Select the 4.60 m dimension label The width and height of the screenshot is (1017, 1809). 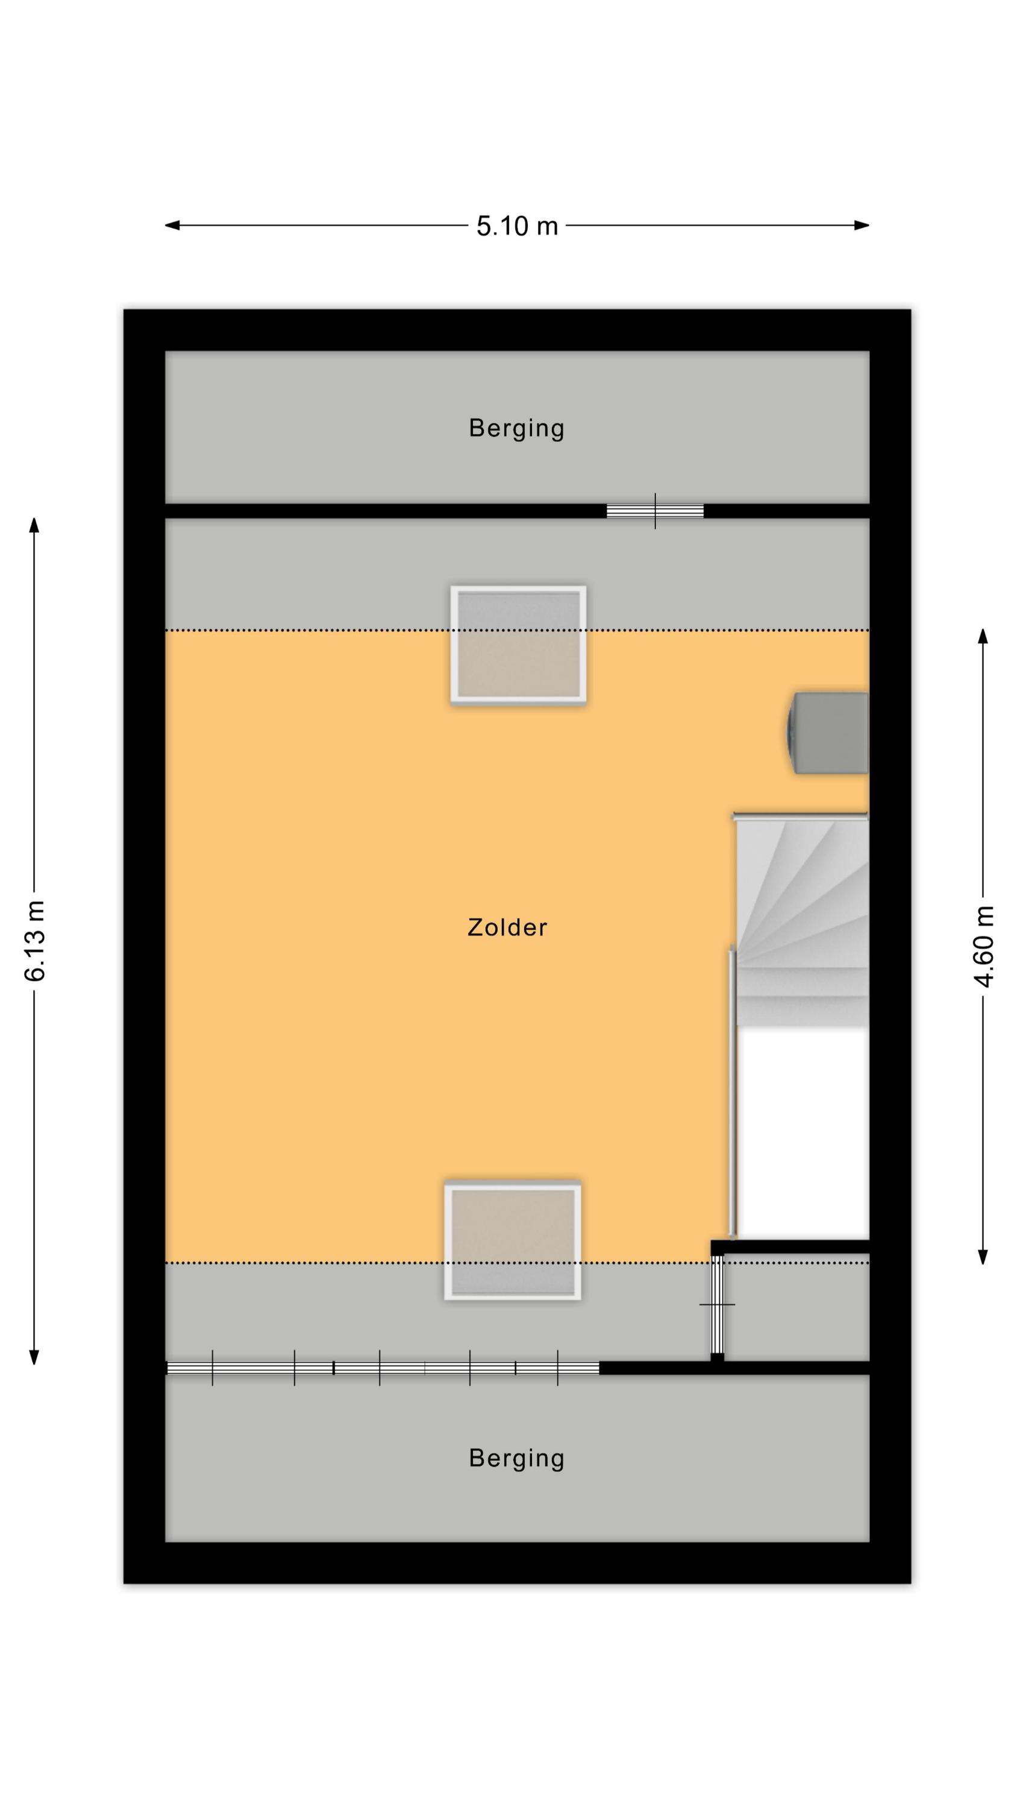(983, 946)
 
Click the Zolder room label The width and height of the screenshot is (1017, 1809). (507, 927)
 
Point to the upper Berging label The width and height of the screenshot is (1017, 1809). (516, 428)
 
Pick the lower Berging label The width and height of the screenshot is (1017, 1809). (516, 1458)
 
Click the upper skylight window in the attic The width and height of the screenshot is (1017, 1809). (518, 644)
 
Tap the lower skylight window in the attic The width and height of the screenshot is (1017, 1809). (512, 1241)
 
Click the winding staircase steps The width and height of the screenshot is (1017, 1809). (801, 922)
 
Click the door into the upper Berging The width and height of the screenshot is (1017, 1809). (655, 511)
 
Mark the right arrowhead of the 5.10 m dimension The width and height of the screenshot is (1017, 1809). (862, 226)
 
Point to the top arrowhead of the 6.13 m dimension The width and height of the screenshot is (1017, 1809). (34, 525)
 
